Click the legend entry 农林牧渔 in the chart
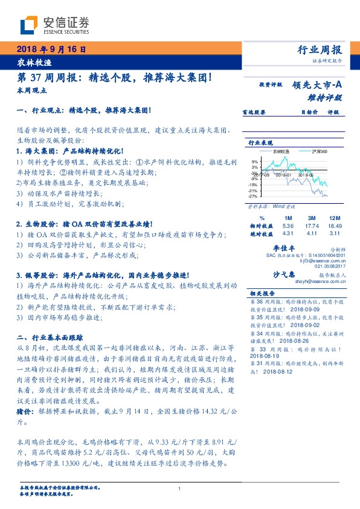click(281, 151)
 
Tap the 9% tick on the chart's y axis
click(254, 162)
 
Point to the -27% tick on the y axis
click(253, 196)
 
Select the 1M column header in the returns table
click(287, 218)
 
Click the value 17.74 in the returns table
click(312, 225)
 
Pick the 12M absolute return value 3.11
click(335, 232)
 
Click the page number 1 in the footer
click(179, 488)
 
